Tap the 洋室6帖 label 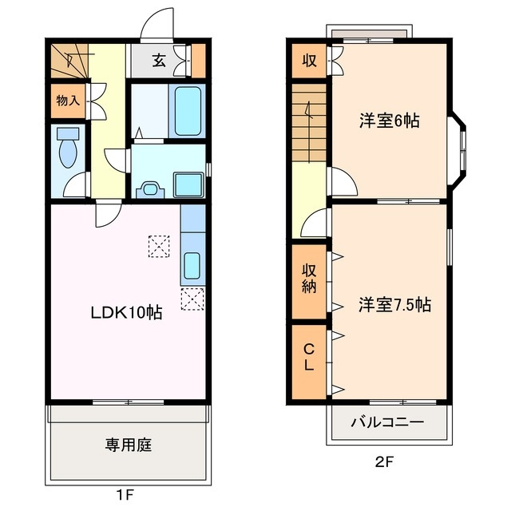(389, 121)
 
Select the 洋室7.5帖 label (394, 304)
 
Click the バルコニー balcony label (388, 422)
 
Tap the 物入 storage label (67, 101)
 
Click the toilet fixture (68, 147)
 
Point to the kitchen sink (192, 264)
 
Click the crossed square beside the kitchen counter (192, 299)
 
